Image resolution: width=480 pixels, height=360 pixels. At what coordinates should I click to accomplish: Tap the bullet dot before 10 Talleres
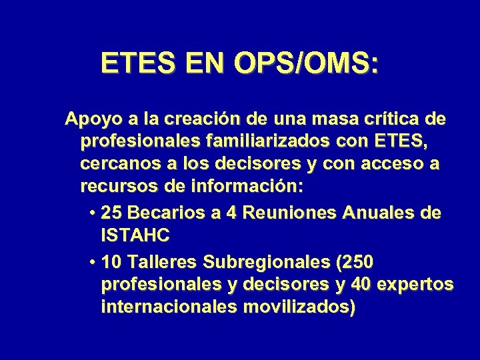coord(91,261)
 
